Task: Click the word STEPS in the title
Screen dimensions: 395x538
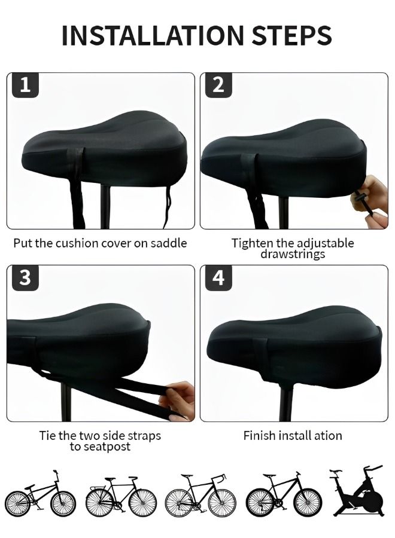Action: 292,35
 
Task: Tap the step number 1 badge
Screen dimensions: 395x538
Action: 25,85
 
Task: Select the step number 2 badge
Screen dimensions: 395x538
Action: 218,85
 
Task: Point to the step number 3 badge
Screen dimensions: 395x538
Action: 25,277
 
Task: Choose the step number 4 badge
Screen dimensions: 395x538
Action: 218,277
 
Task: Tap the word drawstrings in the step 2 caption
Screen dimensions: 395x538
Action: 293,254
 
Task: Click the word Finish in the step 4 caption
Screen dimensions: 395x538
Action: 259,436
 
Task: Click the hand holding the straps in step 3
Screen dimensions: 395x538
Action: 178,400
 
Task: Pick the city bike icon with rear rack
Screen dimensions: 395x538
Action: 121,496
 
